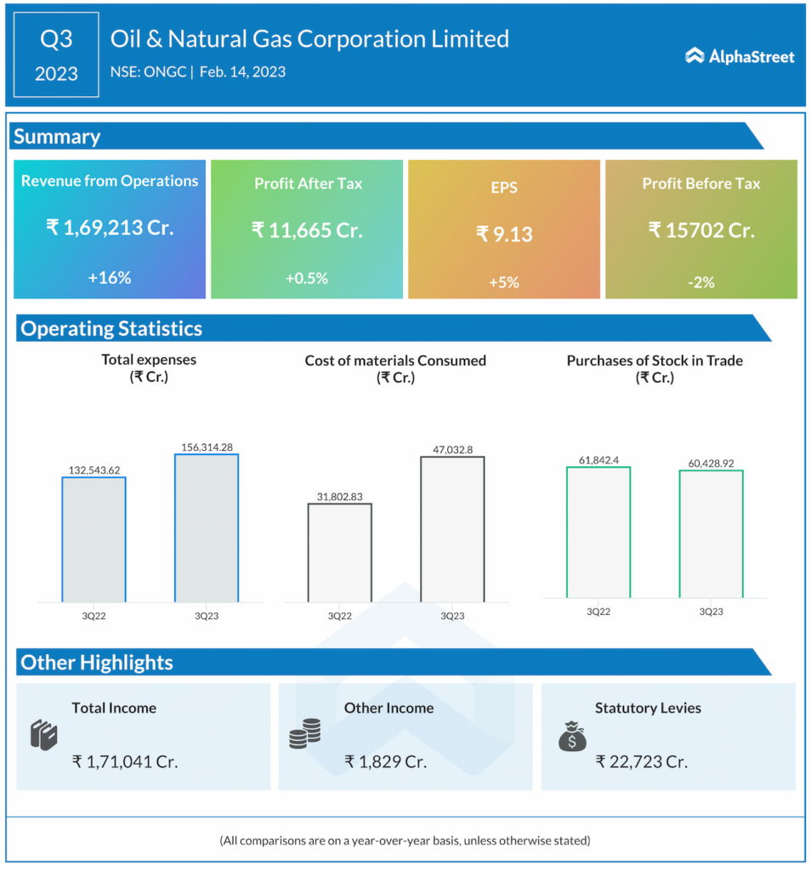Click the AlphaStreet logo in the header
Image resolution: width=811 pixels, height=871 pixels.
[x=740, y=56]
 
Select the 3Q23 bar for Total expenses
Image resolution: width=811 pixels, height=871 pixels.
[x=207, y=527]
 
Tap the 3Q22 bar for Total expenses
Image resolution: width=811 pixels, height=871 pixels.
[x=94, y=539]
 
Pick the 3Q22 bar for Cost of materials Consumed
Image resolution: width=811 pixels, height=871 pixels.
[x=339, y=553]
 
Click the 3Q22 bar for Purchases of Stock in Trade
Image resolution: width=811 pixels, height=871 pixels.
[x=598, y=532]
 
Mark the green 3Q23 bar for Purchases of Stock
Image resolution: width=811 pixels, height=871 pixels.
[x=711, y=533]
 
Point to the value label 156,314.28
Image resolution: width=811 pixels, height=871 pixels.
[x=207, y=447]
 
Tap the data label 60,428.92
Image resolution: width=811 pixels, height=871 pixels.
[x=711, y=463]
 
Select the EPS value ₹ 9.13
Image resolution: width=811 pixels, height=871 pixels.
[x=504, y=233]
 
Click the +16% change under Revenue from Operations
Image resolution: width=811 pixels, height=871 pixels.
[x=109, y=277]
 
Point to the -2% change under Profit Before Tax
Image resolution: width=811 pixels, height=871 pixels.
[x=701, y=282]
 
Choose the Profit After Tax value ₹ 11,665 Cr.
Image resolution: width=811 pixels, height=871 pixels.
[x=307, y=230]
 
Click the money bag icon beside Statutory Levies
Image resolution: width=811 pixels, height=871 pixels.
[x=572, y=736]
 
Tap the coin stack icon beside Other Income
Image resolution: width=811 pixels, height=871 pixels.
[x=304, y=733]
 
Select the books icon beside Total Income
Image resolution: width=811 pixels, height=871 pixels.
[x=43, y=733]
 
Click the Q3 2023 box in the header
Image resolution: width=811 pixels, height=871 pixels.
[x=56, y=54]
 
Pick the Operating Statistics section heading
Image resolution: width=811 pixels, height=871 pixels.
[x=111, y=328]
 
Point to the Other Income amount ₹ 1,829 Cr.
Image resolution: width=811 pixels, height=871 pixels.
[x=385, y=761]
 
